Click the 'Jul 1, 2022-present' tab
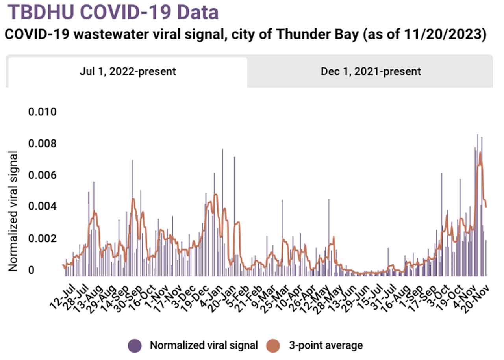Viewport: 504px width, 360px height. coord(128,72)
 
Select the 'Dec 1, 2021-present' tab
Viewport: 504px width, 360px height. coord(371,72)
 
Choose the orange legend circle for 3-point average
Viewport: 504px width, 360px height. coord(273,345)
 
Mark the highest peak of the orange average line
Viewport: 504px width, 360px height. coord(480,152)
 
